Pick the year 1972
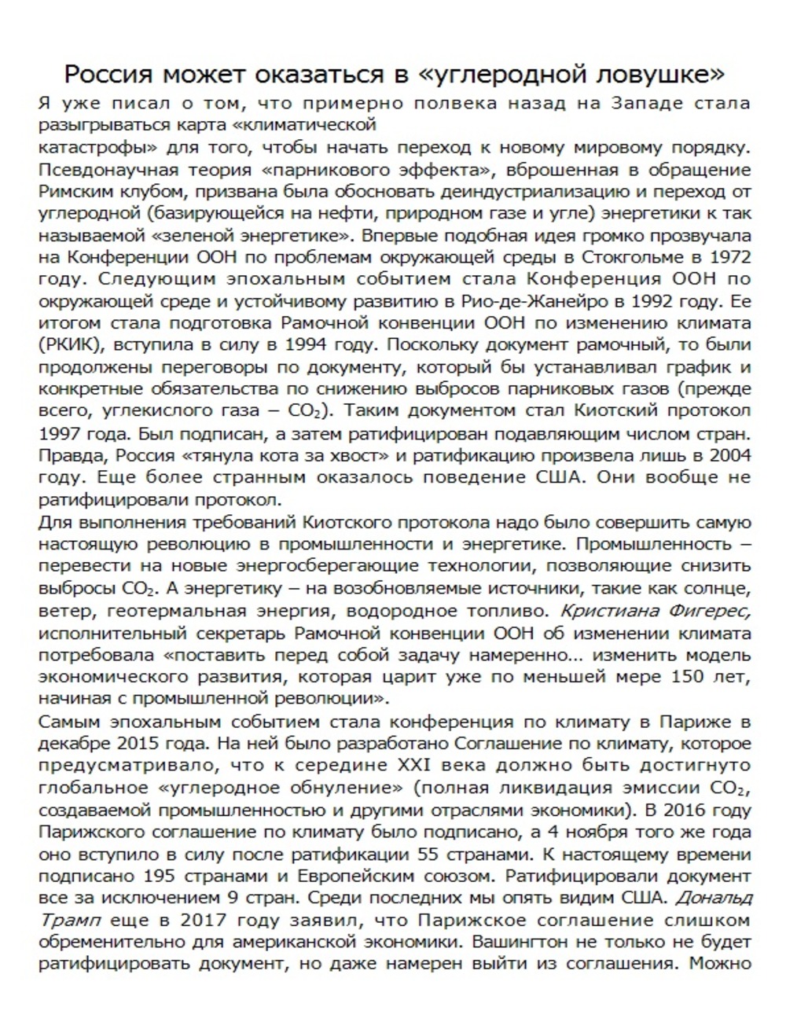tap(729, 257)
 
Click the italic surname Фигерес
tap(711, 610)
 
